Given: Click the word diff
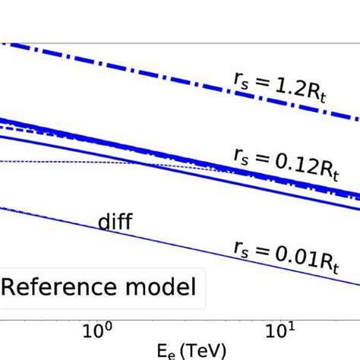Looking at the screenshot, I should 115,223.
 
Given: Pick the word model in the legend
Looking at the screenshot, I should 164,287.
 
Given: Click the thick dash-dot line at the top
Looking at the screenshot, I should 152,73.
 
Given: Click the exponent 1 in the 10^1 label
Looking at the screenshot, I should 290,326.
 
